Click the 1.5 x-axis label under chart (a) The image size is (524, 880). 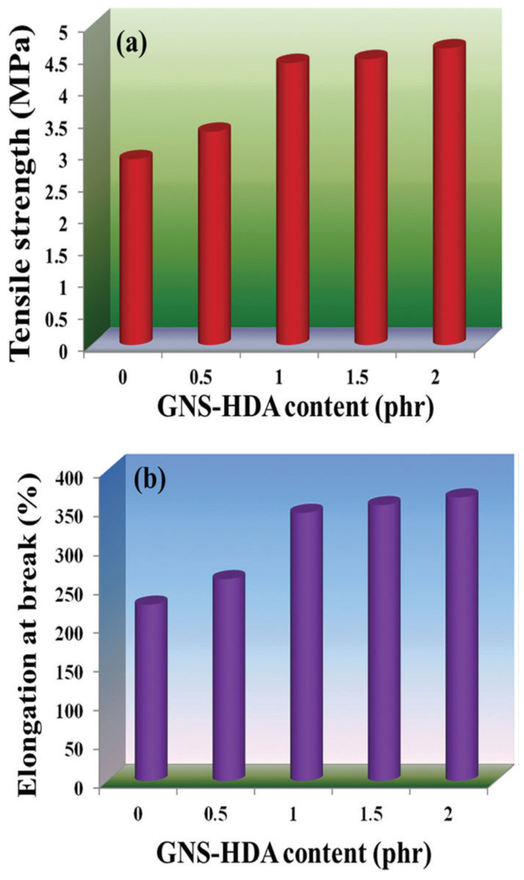click(x=357, y=378)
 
